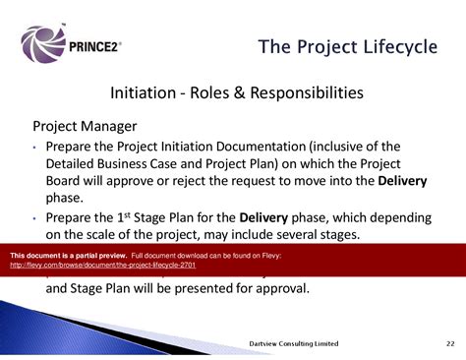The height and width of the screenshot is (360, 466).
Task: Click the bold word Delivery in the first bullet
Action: coord(403,180)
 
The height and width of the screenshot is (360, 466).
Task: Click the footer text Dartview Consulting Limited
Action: coord(294,342)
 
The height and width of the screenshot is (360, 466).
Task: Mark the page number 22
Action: coord(449,342)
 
